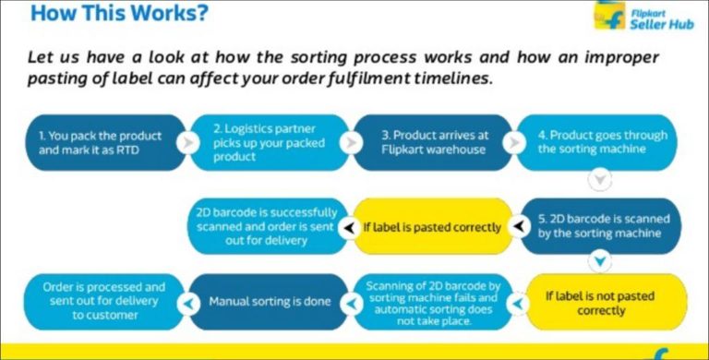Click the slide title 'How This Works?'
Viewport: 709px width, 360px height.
coord(119,15)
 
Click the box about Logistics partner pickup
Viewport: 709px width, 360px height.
coord(268,142)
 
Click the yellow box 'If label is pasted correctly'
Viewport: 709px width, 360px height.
coord(432,226)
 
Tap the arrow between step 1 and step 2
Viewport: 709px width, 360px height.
coord(187,143)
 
